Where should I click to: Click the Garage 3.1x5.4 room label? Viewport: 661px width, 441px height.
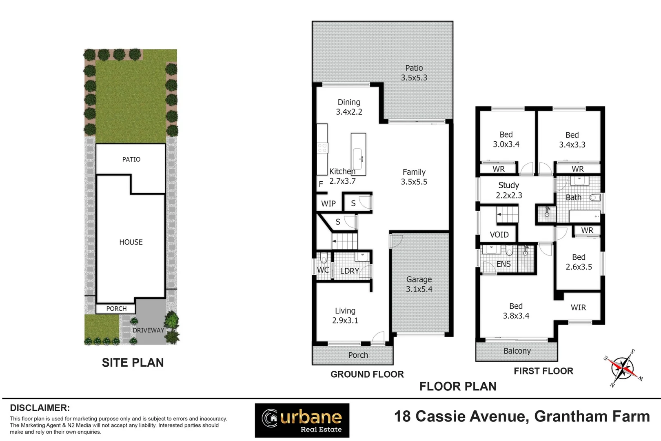[419, 284]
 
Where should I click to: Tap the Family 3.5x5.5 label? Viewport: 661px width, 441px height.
[414, 177]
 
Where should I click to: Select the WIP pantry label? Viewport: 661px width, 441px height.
[328, 203]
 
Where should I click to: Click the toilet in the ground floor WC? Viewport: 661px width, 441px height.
[324, 258]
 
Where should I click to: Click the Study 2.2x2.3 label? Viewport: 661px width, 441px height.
[508, 190]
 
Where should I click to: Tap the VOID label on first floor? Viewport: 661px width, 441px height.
[499, 235]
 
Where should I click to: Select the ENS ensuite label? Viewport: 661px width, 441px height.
[503, 264]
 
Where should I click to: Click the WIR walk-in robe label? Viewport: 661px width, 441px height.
[578, 307]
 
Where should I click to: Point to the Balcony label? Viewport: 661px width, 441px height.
[517, 351]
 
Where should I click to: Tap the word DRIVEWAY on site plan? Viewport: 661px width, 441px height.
[148, 330]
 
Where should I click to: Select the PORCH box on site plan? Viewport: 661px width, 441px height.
[116, 309]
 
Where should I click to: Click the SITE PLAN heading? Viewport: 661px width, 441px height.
[133, 363]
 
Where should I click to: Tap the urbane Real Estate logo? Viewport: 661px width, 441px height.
[302, 420]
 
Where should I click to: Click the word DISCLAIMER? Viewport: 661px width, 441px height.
[40, 408]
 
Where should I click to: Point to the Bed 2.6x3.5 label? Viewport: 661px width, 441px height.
[579, 262]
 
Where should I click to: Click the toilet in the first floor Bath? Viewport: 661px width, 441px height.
[595, 198]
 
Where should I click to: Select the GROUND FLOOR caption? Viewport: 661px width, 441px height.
[367, 374]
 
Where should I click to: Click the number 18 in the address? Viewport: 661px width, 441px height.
[402, 416]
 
